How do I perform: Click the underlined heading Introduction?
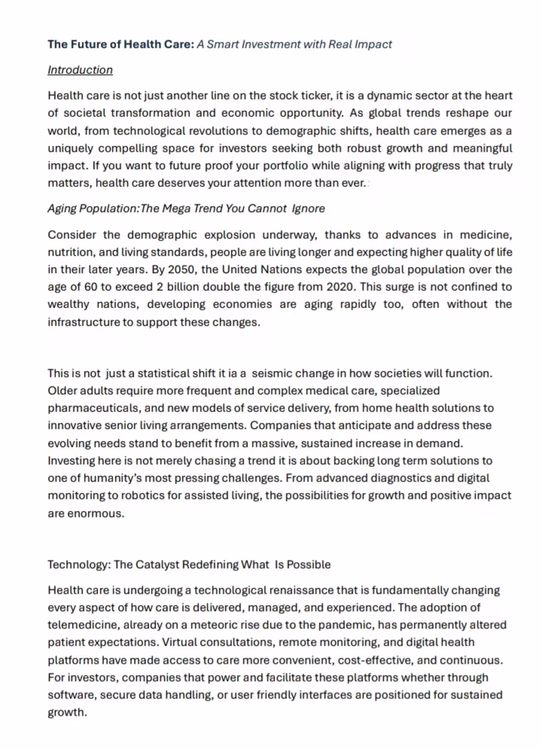[80, 70]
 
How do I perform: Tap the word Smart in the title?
[223, 44]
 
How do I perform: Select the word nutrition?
[70, 252]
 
